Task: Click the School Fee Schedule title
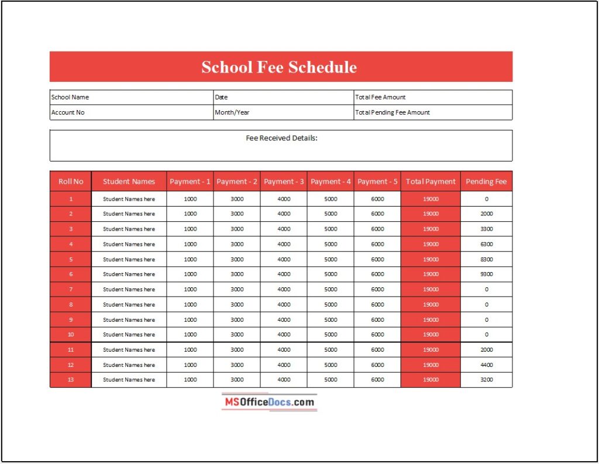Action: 279,67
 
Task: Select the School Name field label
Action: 70,97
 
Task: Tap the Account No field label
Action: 68,112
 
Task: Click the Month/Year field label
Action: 232,112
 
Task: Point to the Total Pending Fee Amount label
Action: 393,112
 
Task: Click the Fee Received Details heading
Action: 281,138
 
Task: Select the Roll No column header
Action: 71,181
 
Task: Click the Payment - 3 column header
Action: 284,181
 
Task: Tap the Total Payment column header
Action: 431,181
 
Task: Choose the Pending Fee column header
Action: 486,181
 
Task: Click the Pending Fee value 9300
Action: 486,274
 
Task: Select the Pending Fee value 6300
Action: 486,244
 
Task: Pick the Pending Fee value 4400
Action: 486,365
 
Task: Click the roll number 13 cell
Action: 71,380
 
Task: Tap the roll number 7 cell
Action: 71,289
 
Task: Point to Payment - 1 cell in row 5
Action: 190,259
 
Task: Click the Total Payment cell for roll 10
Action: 431,335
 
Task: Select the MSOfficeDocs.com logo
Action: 270,402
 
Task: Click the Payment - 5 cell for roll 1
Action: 377,199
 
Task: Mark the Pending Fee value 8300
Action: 486,259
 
